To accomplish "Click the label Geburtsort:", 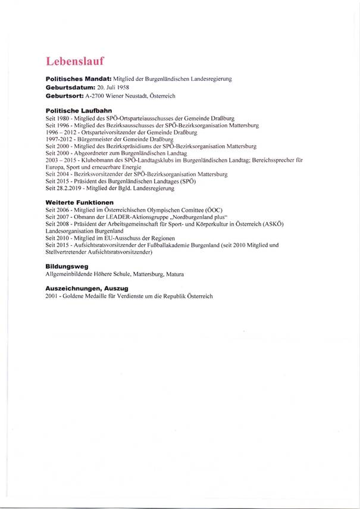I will pos(65,96).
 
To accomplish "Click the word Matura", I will pos(176,274).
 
